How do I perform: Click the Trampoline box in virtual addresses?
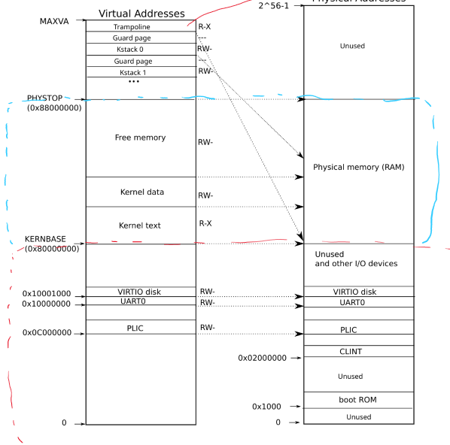pos(132,26)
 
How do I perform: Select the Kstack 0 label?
pos(132,49)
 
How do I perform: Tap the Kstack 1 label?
pos(132,71)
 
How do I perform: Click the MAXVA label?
pos(54,21)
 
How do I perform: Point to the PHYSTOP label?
pos(45,98)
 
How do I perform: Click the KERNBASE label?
pos(45,239)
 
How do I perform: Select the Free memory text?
pos(140,138)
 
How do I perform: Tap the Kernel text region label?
pos(140,226)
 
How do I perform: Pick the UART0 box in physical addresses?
pos(358,302)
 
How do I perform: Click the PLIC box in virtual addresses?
pos(141,328)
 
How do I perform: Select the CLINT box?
pos(358,351)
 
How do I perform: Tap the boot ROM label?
pos(358,399)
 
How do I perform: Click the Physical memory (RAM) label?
pos(358,167)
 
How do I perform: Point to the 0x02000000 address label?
pos(261,358)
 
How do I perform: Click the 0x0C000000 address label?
pos(47,332)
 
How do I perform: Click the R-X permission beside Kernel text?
pos(206,223)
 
